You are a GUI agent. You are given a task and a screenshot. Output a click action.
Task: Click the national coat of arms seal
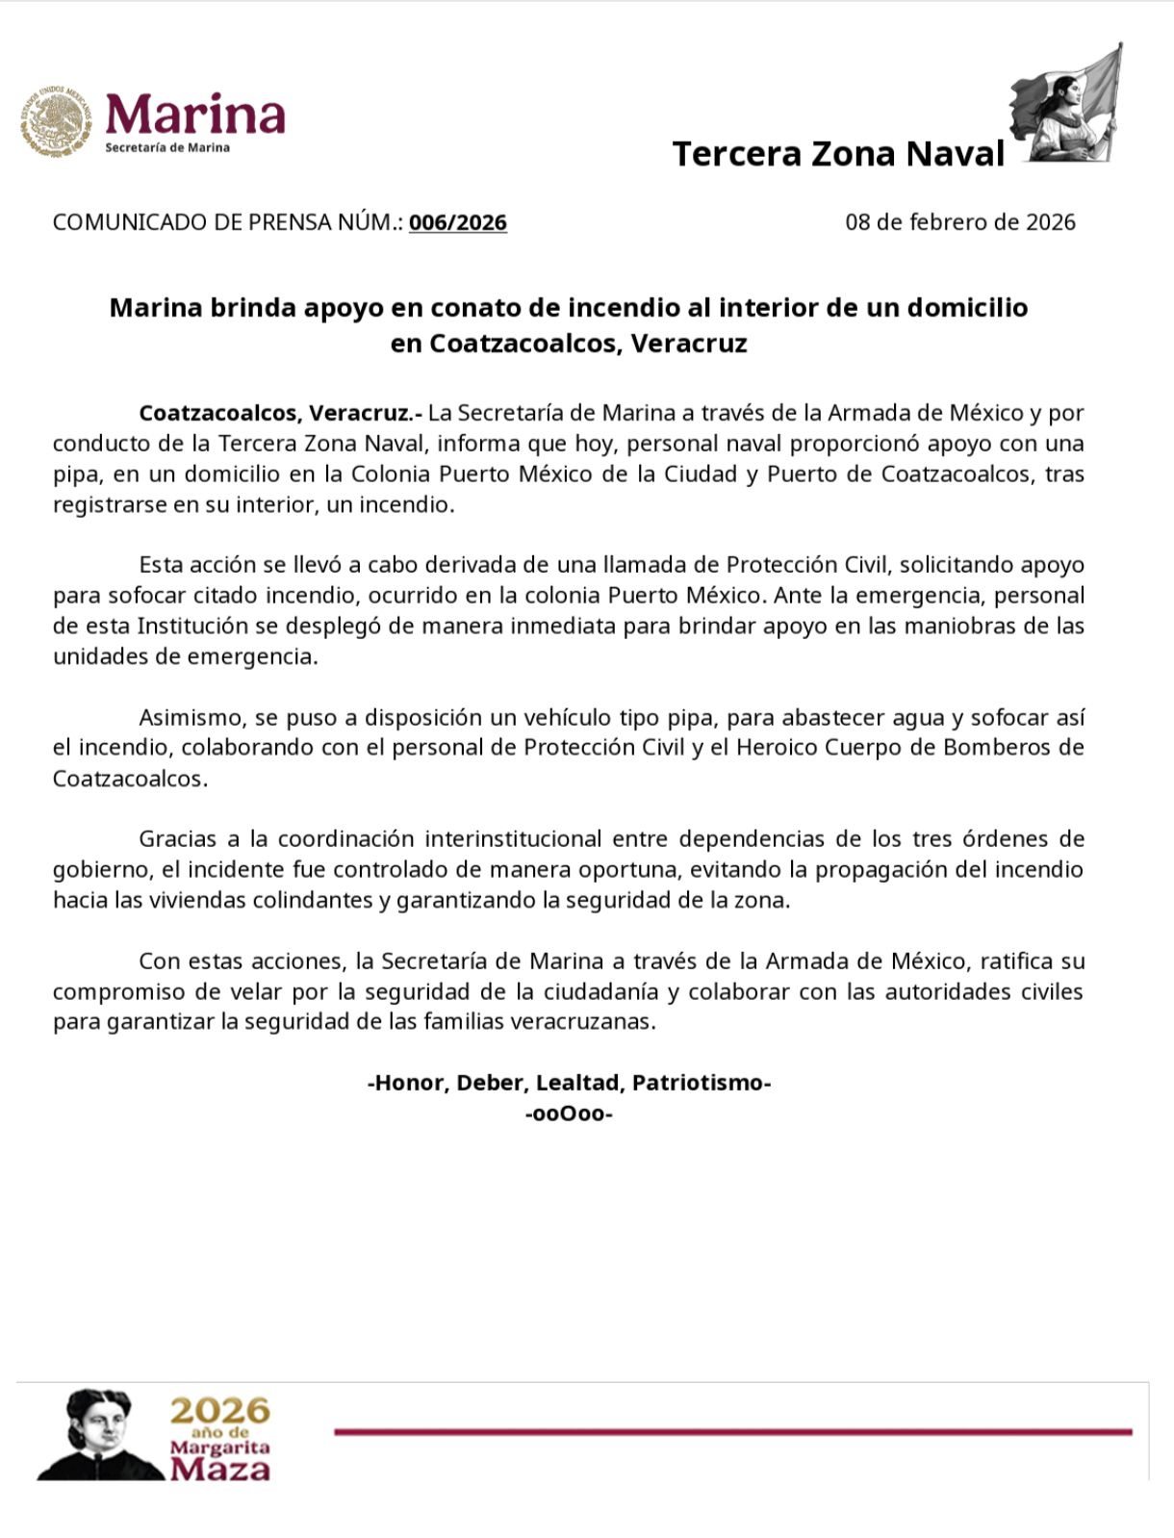point(56,121)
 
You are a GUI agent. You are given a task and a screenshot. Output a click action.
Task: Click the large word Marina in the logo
point(195,115)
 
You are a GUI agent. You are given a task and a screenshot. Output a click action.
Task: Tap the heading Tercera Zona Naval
point(838,154)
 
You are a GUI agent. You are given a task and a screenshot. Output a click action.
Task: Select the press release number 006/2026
point(457,222)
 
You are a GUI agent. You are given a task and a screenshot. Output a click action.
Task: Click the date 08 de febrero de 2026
point(959,222)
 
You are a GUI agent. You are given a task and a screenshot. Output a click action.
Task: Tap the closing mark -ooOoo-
point(569,1114)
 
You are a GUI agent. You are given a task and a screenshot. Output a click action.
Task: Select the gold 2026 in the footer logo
point(219,1411)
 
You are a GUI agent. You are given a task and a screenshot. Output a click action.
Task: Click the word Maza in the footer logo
point(219,1469)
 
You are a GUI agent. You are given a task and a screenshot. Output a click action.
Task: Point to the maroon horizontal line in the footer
point(732,1432)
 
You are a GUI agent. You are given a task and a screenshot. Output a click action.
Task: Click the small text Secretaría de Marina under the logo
point(167,147)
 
